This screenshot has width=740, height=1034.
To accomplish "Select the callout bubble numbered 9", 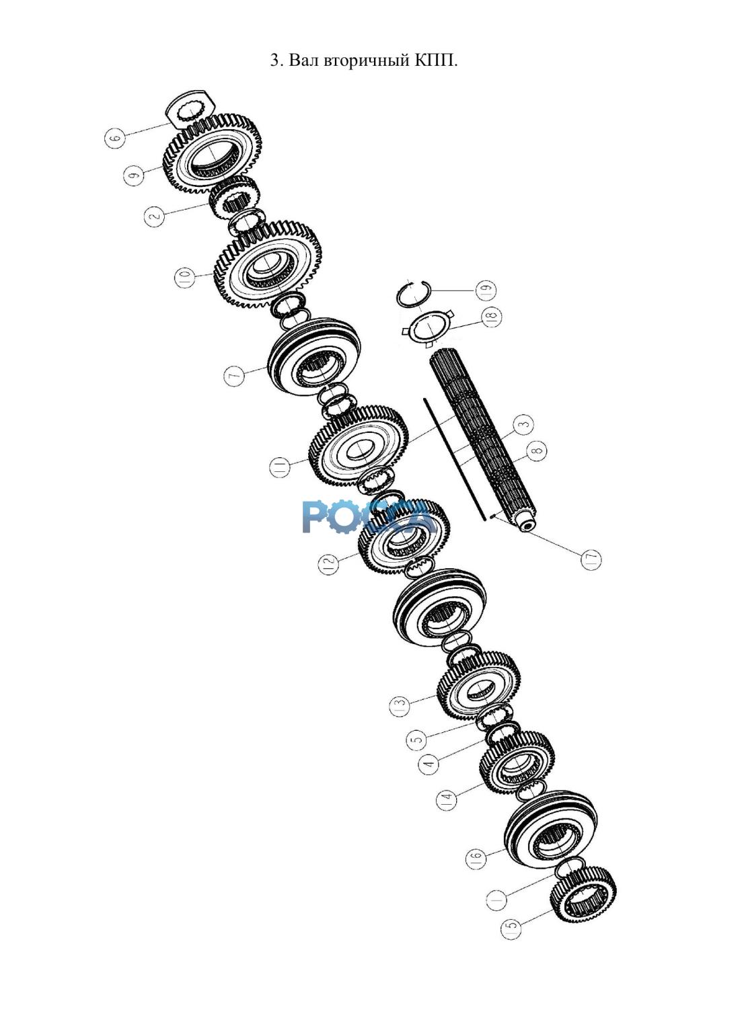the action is click(133, 176).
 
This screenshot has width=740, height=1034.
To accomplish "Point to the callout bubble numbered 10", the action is click(185, 278).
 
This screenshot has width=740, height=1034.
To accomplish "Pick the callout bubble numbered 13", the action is click(400, 707).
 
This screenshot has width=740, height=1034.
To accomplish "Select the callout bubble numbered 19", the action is click(486, 290).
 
